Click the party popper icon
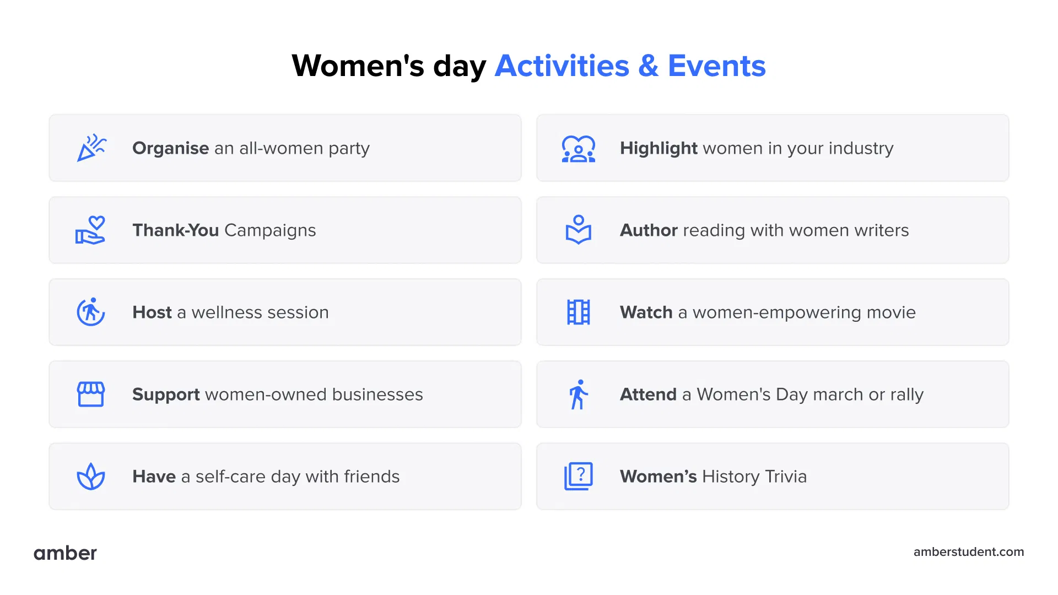point(91,148)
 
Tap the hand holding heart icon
point(90,230)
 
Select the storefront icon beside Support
point(91,394)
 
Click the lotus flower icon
point(91,477)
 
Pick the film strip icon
point(578,312)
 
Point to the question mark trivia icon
point(578,476)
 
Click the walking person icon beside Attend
point(578,394)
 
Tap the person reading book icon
point(578,230)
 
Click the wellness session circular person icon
point(91,312)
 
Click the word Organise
point(170,148)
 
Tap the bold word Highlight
point(658,148)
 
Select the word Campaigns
point(270,230)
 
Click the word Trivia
point(785,477)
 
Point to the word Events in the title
point(716,66)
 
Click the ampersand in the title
point(649,66)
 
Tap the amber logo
point(65,553)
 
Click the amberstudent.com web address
point(968,552)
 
